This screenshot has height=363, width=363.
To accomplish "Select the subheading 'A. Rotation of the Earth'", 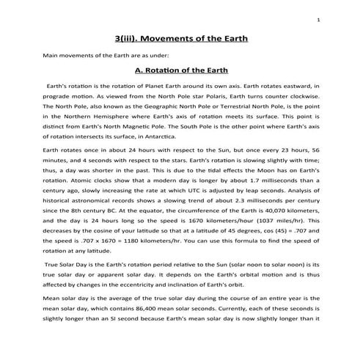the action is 181,71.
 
